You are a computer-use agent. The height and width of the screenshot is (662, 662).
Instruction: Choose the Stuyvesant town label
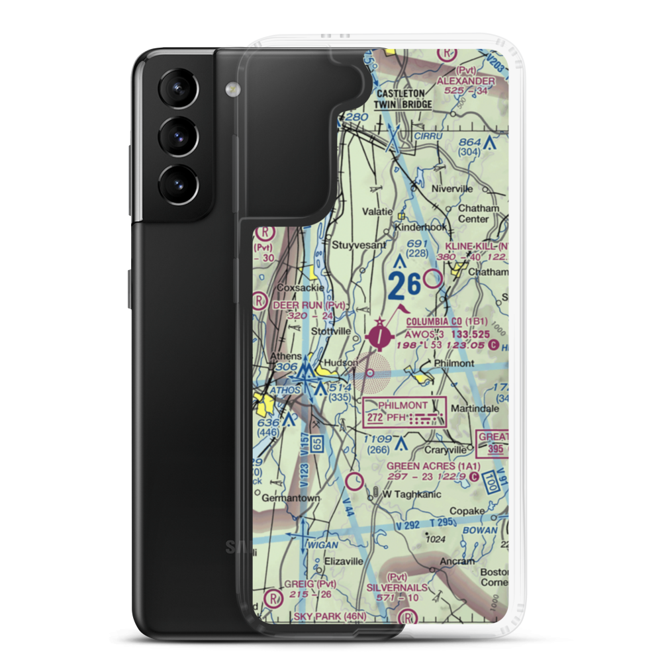358,244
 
